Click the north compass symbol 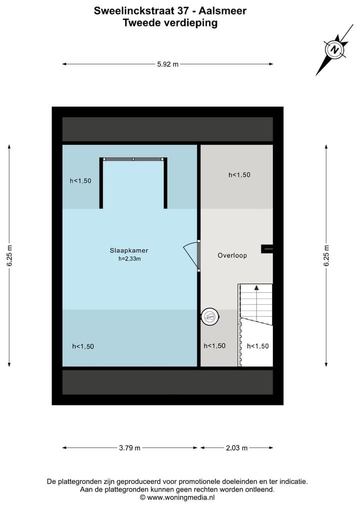click(334, 49)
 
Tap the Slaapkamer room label click(129, 251)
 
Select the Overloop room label click(232, 255)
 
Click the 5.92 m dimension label click(168, 64)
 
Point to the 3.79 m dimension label click(129, 448)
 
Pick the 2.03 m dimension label click(236, 448)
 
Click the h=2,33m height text click(129, 259)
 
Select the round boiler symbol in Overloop click(210, 316)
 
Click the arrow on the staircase click(256, 288)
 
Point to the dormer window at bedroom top click(133, 159)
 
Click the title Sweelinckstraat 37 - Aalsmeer click(170, 10)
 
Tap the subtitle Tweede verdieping click(170, 22)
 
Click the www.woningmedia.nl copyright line click(177, 498)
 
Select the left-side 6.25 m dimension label click(9, 256)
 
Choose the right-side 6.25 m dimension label click(326, 256)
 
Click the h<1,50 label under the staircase click(258, 346)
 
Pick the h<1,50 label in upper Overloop click(239, 175)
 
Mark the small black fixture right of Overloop click(267, 248)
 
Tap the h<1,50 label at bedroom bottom click(83, 346)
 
